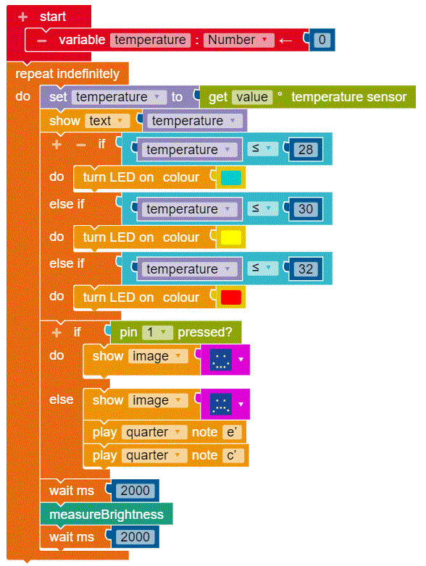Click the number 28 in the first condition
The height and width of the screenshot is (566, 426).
click(305, 149)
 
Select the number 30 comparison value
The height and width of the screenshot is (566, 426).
click(305, 209)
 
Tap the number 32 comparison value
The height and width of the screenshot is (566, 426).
click(305, 269)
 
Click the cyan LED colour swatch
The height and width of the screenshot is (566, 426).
click(231, 177)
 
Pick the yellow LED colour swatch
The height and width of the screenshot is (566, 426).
click(231, 237)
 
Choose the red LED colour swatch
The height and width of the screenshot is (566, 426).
click(231, 297)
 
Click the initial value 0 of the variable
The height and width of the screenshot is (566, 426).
click(322, 40)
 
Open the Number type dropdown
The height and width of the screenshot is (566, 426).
click(238, 40)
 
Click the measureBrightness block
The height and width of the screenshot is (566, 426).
click(106, 514)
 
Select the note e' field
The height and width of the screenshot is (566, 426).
click(232, 432)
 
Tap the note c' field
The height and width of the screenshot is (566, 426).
click(232, 455)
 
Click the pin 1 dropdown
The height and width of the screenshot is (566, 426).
click(157, 332)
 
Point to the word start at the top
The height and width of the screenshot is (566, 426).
click(53, 17)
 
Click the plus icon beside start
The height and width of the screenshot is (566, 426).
click(22, 17)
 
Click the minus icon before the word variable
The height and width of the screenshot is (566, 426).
click(41, 41)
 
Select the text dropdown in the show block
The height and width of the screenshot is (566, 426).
click(107, 121)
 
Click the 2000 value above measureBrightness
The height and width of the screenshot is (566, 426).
click(135, 491)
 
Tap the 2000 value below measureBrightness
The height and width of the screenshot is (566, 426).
click(135, 537)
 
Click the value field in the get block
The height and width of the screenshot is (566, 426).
click(252, 97)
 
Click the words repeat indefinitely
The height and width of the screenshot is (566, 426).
click(67, 74)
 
